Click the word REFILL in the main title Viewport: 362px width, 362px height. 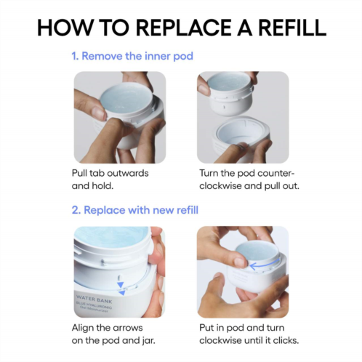pyautogui.click(x=292, y=27)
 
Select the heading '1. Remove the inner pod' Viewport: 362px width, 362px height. pyautogui.click(x=132, y=56)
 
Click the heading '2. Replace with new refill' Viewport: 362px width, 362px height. pyautogui.click(x=135, y=210)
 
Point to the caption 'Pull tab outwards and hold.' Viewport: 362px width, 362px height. pyautogui.click(x=110, y=180)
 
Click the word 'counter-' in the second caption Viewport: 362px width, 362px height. pyautogui.click(x=276, y=173)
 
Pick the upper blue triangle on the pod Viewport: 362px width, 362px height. pyautogui.click(x=120, y=284)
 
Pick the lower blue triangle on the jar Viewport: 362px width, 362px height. pyautogui.click(x=122, y=293)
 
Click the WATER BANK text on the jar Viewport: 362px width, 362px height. pyautogui.click(x=94, y=299)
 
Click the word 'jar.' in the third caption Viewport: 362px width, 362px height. pyautogui.click(x=148, y=340)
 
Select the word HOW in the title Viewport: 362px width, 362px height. pyautogui.click(x=65, y=27)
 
